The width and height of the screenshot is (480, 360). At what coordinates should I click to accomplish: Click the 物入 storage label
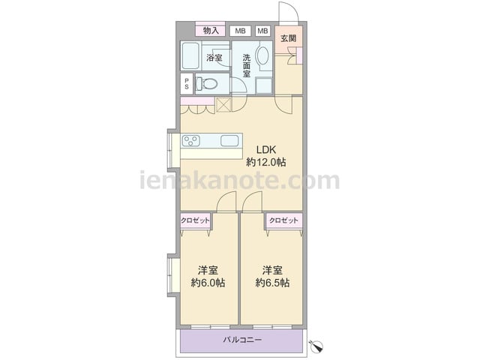coord(211,30)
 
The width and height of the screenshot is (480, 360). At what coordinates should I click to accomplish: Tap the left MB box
coord(240,31)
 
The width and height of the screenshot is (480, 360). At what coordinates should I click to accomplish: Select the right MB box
coord(262,31)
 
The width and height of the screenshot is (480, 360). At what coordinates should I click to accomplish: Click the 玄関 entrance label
coord(288,38)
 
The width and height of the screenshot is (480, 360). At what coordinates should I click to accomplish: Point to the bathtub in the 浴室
coord(190,55)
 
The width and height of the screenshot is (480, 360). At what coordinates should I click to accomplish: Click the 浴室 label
coord(214,57)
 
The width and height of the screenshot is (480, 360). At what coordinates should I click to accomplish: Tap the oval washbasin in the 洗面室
coord(262,55)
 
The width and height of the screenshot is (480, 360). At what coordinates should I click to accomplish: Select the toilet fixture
coord(206,83)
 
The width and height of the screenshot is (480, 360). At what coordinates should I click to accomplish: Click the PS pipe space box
coord(187,83)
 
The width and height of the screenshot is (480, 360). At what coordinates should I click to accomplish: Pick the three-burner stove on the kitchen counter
coord(191,141)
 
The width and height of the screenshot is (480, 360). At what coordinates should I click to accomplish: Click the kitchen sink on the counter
coord(229,141)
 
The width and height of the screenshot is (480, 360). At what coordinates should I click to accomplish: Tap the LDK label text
coord(266,150)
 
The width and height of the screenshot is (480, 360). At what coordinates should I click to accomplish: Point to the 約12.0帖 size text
coord(266,162)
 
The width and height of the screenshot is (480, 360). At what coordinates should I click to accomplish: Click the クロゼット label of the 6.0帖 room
coord(195,220)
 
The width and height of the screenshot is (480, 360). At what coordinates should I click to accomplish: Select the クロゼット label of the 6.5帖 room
coord(283,220)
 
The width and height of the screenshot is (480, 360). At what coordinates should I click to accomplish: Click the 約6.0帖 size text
coord(208,283)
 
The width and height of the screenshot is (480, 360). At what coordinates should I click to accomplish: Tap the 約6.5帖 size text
coord(272,283)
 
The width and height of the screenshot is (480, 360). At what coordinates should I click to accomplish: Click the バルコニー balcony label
coord(242,340)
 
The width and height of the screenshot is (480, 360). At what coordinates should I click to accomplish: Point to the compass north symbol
coord(317,346)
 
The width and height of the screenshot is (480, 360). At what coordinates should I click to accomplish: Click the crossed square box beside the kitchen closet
coord(223,105)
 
